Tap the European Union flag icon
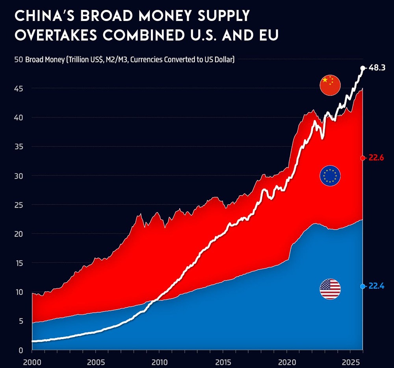[x=331, y=176]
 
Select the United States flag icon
[x=330, y=289]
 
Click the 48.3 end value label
[x=377, y=68]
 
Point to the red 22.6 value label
[x=376, y=158]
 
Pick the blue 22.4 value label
[x=376, y=286]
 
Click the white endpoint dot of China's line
[x=363, y=68]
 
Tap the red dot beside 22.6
[x=363, y=158]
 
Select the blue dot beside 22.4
[x=363, y=286]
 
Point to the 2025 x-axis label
[x=350, y=362]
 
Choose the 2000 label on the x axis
[x=32, y=362]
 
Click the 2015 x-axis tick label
[x=223, y=362]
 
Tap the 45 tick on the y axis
[x=19, y=89]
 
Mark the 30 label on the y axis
[x=19, y=176]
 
